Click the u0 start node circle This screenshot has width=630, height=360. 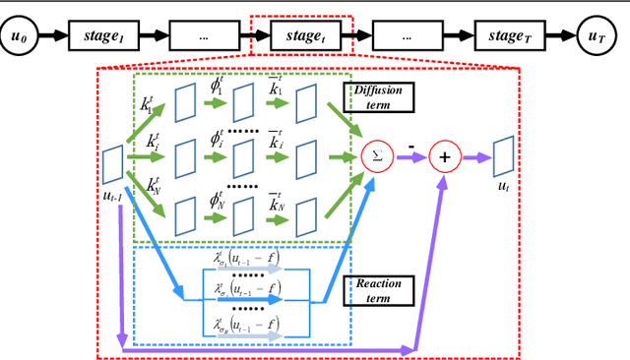coord(17,37)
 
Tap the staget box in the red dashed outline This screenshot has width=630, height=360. coord(304,37)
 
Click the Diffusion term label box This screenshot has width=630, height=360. coord(378,96)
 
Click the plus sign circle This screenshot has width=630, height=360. coord(444,155)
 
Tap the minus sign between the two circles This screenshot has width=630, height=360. coord(409,145)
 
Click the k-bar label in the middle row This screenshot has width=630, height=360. coord(278,145)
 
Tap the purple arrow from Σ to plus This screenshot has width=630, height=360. coord(409,155)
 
